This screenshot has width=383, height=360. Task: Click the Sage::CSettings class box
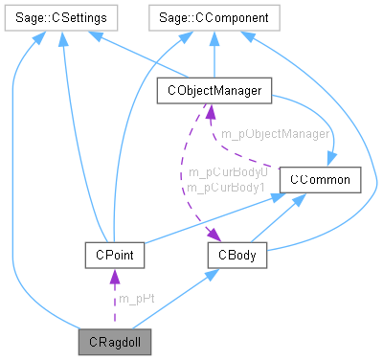(x=61, y=17)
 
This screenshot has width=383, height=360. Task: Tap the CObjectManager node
(x=214, y=92)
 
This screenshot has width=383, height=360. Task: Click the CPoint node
(x=113, y=256)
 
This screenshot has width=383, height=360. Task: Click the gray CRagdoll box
(x=113, y=340)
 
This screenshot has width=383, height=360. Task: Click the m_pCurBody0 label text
(x=227, y=172)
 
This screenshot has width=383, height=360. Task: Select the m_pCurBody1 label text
(x=227, y=188)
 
